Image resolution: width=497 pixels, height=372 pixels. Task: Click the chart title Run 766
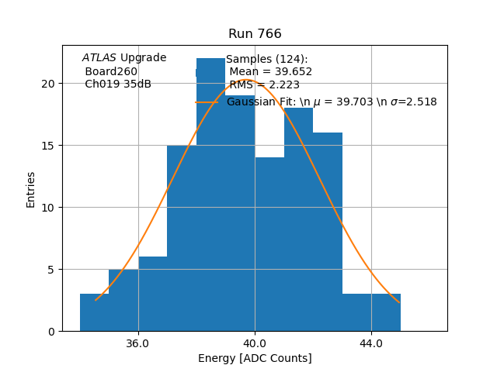click(x=255, y=34)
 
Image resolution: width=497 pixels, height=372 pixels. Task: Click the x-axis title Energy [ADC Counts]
click(x=255, y=358)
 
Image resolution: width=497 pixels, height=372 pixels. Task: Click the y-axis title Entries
click(x=31, y=189)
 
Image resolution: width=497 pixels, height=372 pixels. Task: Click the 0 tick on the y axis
click(x=51, y=332)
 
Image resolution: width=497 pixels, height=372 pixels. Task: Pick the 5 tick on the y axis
click(x=51, y=270)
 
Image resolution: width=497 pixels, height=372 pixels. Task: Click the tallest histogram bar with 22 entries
click(x=210, y=201)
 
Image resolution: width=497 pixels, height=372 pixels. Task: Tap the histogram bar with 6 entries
click(x=152, y=294)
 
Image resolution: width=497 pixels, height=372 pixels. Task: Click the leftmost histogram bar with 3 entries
click(x=94, y=313)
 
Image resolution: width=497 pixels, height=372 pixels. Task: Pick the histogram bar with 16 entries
click(x=328, y=232)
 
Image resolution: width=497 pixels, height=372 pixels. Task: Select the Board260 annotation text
click(x=111, y=71)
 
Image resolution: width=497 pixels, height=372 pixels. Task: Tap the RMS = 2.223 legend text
click(x=264, y=85)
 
